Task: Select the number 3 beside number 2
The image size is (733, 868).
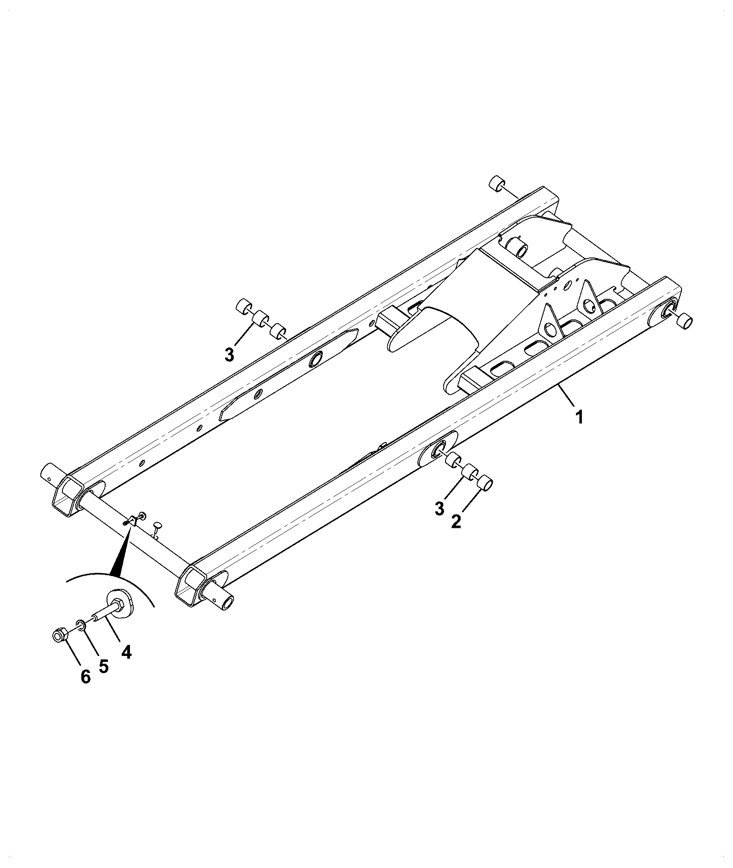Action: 439,508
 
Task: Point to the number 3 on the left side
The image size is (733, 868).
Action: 229,355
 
